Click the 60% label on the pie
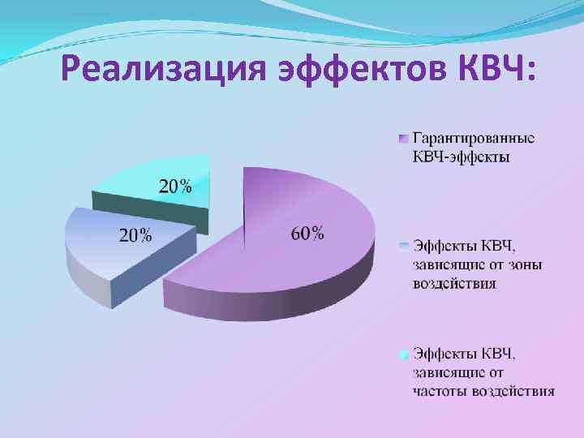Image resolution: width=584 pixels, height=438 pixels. coord(307,234)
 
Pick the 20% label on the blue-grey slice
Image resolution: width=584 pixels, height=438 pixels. coord(135,236)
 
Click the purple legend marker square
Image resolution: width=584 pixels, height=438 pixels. coord(403,138)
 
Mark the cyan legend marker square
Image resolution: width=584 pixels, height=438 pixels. coord(403,354)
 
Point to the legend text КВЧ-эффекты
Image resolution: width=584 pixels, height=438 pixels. coord(462,157)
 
